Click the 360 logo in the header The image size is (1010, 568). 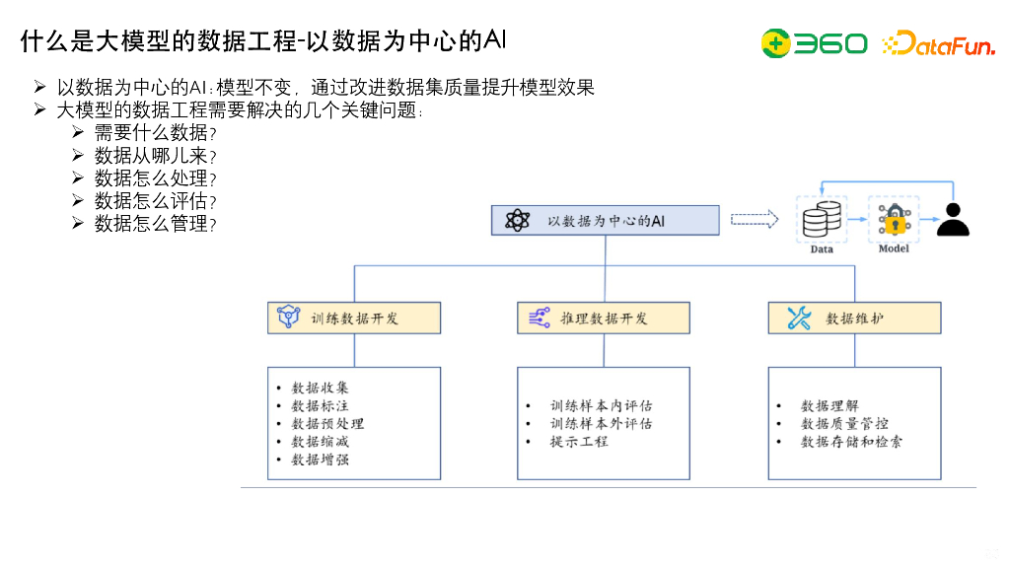click(x=814, y=43)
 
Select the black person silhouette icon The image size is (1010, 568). click(x=952, y=220)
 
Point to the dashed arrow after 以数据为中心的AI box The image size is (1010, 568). click(x=755, y=220)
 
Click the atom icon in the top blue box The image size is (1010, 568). click(x=517, y=220)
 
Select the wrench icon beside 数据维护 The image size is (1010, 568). click(x=798, y=319)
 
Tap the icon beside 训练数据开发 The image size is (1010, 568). click(x=288, y=319)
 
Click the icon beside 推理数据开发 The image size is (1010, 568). click(x=540, y=319)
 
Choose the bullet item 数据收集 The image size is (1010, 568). click(x=320, y=388)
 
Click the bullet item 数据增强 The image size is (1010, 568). click(x=320, y=460)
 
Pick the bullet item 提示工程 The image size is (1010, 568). click(x=579, y=442)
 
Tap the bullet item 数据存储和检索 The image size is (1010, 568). click(x=851, y=442)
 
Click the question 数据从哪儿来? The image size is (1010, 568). click(x=155, y=156)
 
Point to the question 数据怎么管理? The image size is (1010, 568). click(x=155, y=224)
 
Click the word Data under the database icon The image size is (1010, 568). click(x=822, y=249)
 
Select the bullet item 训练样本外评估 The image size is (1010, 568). click(x=601, y=424)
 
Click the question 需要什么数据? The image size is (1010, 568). click(x=155, y=133)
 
